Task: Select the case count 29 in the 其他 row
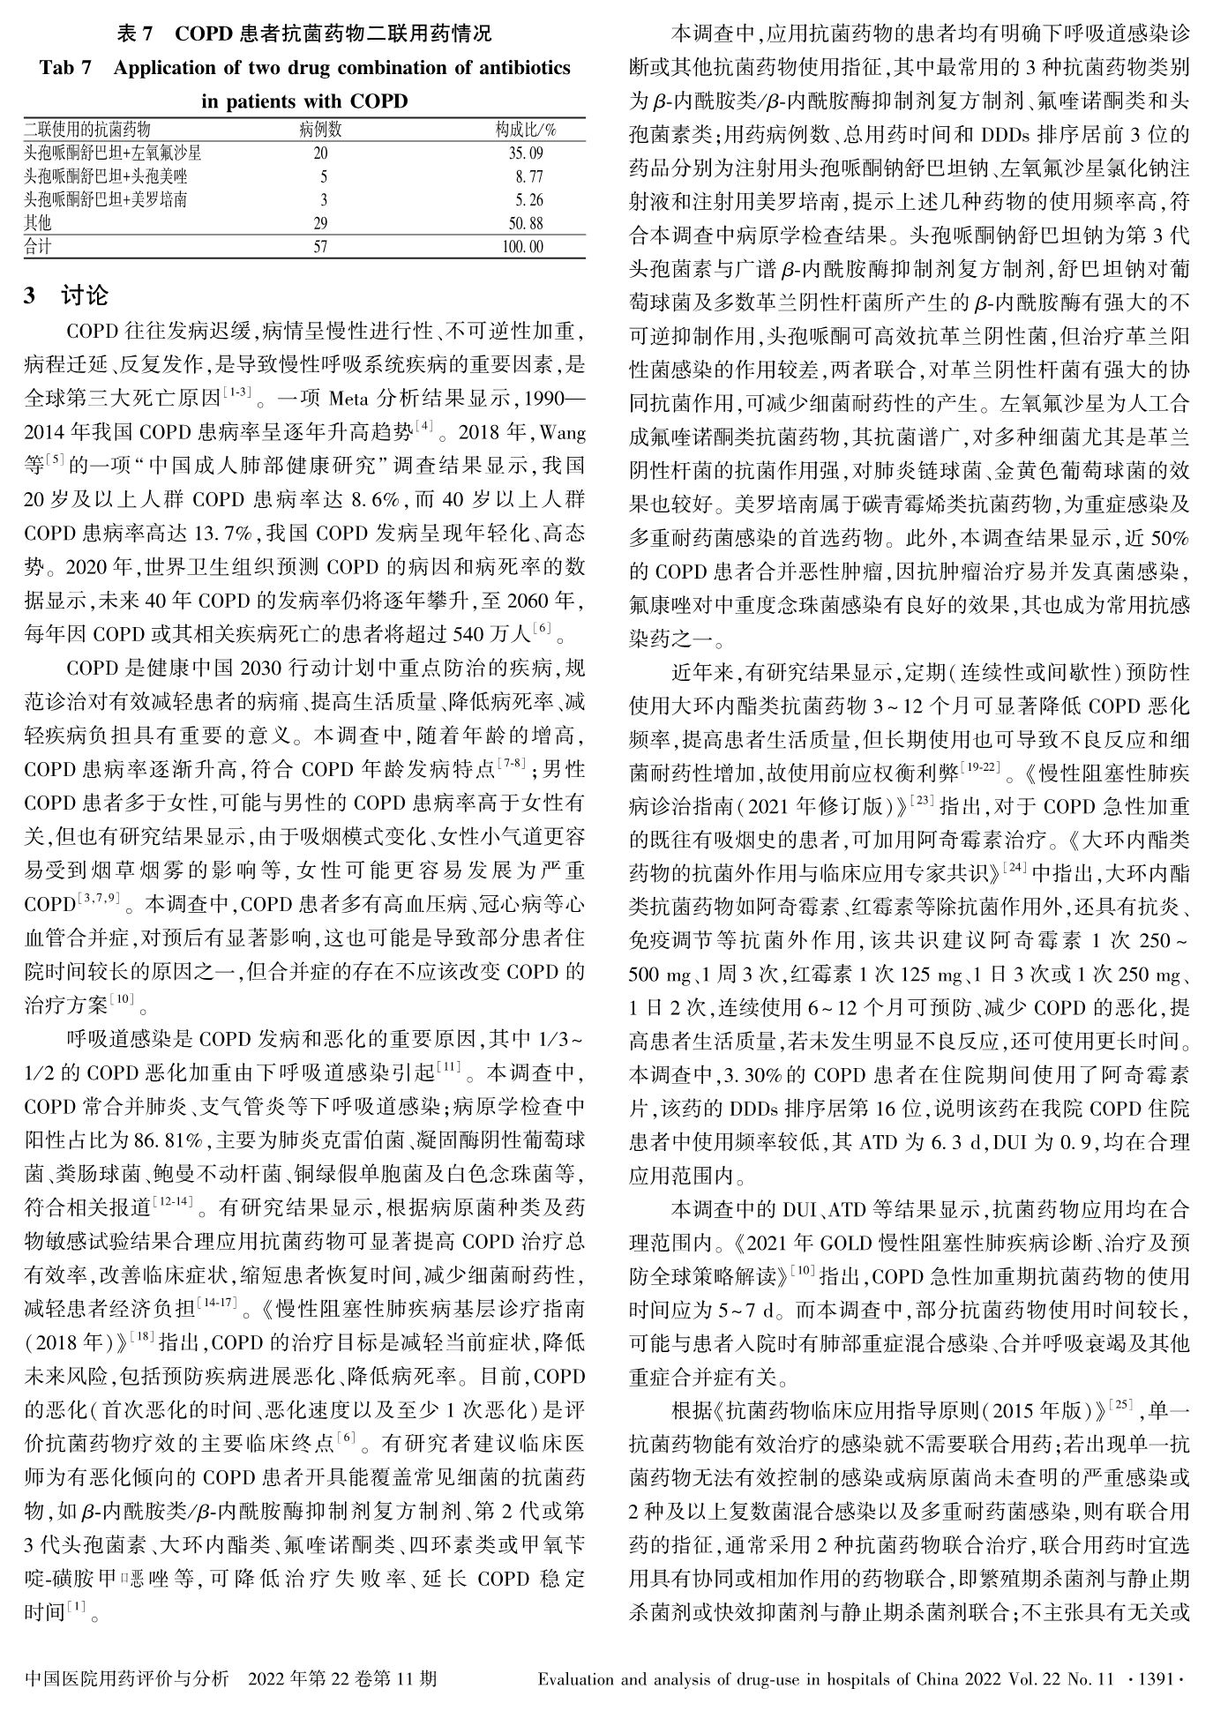(x=320, y=224)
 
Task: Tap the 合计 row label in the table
(x=38, y=247)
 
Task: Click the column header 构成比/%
(x=525, y=130)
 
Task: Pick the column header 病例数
(x=320, y=130)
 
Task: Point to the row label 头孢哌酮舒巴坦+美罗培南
(x=106, y=200)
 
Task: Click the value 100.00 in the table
(x=523, y=247)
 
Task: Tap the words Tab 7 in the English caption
(x=65, y=68)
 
